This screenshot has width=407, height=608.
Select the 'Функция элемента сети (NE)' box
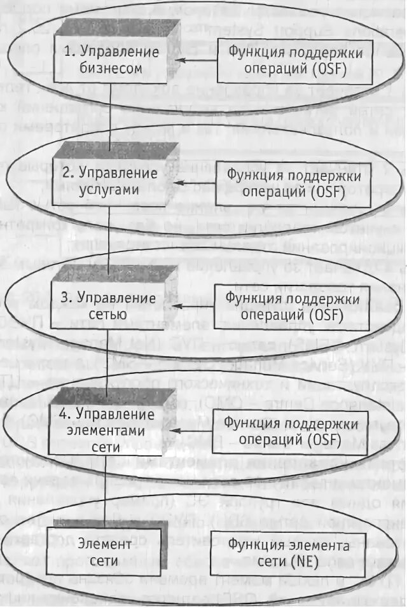click(289, 553)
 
